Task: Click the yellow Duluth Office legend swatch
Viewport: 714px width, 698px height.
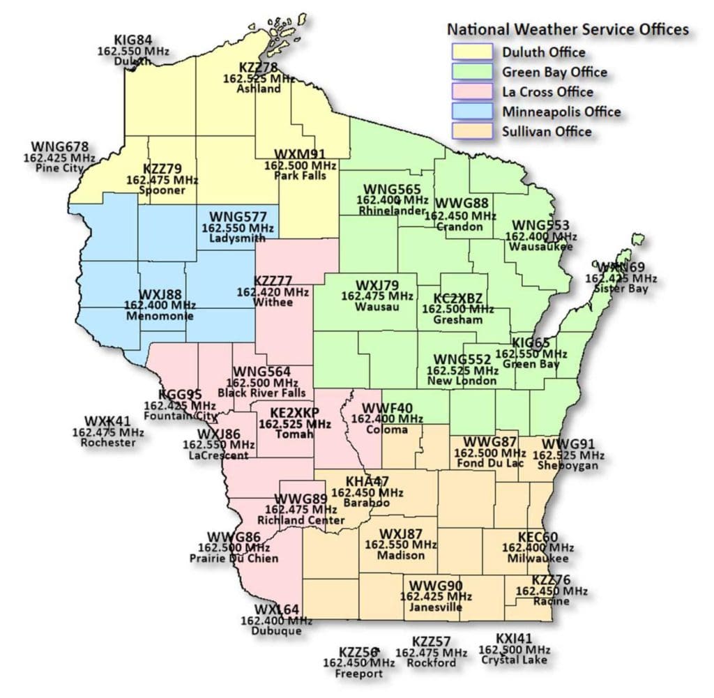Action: [471, 52]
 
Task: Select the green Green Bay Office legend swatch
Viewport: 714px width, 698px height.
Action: [471, 72]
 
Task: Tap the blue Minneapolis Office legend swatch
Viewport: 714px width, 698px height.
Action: [471, 112]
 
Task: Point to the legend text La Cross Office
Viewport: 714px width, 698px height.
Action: [547, 92]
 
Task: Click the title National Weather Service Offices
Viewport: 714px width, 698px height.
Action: [568, 29]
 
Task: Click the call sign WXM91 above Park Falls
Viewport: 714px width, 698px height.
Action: [300, 154]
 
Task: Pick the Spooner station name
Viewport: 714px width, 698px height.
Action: [162, 190]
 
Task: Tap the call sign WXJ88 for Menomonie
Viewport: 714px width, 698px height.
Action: [160, 294]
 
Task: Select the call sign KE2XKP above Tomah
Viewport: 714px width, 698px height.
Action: [294, 412]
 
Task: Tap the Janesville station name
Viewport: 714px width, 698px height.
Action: [436, 607]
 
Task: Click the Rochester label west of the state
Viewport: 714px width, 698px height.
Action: [108, 442]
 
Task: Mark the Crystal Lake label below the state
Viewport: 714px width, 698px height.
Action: [514, 660]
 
